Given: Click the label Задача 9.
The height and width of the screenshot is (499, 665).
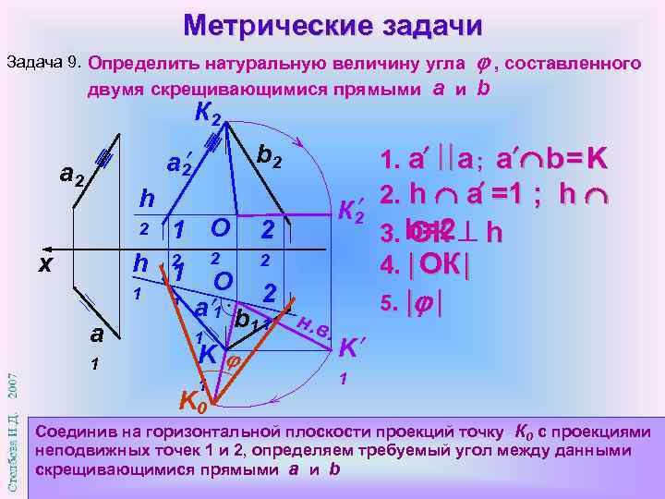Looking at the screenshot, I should (x=44, y=64).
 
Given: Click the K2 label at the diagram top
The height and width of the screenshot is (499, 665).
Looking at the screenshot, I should (x=207, y=114).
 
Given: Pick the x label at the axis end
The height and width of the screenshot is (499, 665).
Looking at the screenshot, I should (x=44, y=262).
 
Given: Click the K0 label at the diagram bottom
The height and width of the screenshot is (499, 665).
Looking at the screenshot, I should (x=191, y=401).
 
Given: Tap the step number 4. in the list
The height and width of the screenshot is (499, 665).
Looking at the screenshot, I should (x=389, y=264).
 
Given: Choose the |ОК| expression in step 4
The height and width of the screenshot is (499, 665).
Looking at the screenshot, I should (x=443, y=264).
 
